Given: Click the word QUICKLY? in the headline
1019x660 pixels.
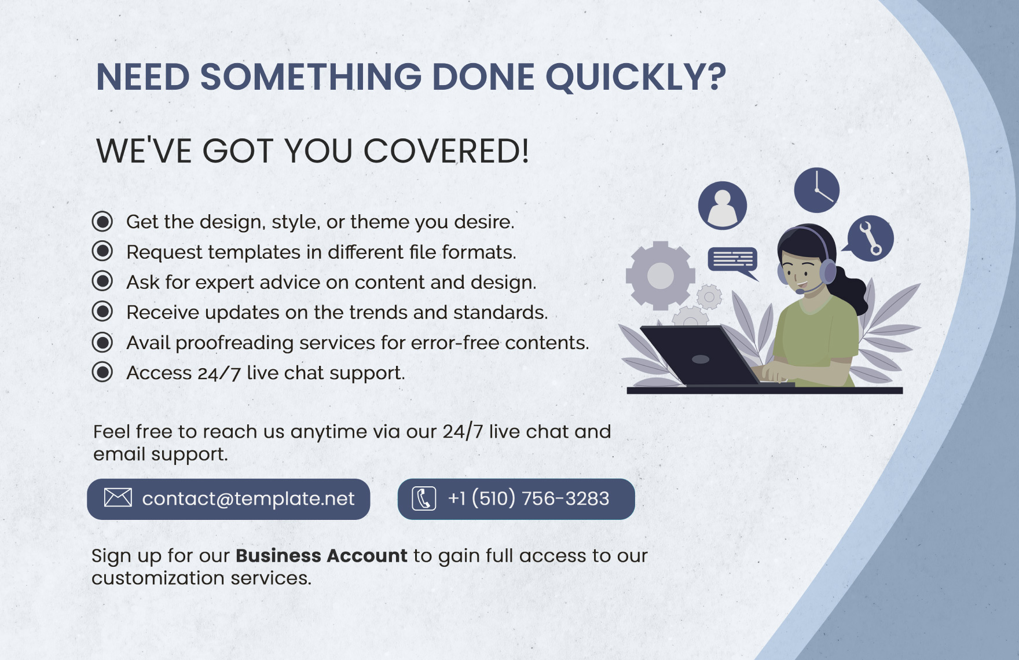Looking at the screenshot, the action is pos(636,78).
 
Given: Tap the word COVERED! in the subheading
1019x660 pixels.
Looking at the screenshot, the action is pos(446,151).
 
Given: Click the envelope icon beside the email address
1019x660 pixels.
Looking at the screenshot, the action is pos(118,497).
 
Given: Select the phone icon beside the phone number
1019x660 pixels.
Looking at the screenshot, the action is pos(424,498).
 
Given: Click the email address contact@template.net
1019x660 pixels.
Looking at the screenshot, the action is pos(248,498).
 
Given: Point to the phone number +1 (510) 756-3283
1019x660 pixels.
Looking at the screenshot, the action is pos(529,498).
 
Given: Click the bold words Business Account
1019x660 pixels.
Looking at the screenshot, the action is pos(321,556).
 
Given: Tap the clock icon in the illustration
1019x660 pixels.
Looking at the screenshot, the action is pos(816,190).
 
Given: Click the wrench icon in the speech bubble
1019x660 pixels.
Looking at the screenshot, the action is pos(870,238).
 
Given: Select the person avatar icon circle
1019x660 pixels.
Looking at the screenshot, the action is pos(723,206).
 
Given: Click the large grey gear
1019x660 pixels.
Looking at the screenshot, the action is pos(660,276).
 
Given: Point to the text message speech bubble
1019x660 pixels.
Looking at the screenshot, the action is pos(733,262).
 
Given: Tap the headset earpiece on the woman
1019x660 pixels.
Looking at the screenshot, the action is pos(827,270).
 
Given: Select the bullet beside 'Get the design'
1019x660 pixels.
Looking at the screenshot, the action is pos(102,221).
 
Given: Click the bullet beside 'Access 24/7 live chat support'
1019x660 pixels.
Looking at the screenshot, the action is pos(102,372).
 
